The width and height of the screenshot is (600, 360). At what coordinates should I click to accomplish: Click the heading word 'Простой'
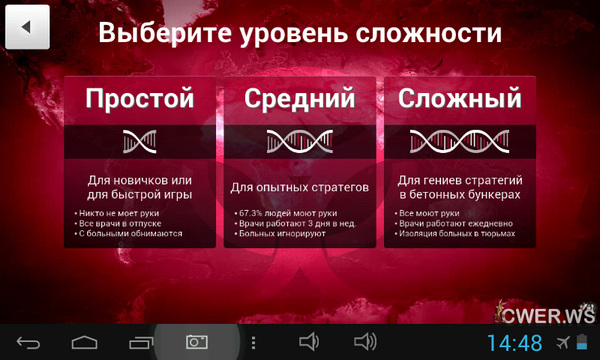click(x=138, y=99)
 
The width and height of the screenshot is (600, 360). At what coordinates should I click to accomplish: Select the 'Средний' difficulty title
click(x=299, y=99)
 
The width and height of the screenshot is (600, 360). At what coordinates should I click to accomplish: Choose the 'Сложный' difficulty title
click(x=459, y=99)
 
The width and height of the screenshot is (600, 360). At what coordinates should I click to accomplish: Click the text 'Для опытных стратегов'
click(x=299, y=187)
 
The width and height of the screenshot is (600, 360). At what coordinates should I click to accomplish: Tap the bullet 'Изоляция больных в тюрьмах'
click(x=456, y=233)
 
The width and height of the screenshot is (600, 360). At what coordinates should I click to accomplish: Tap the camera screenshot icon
click(x=196, y=342)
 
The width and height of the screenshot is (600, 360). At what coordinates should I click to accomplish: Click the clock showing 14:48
click(x=514, y=343)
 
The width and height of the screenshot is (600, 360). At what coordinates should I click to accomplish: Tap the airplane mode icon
click(x=563, y=343)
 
